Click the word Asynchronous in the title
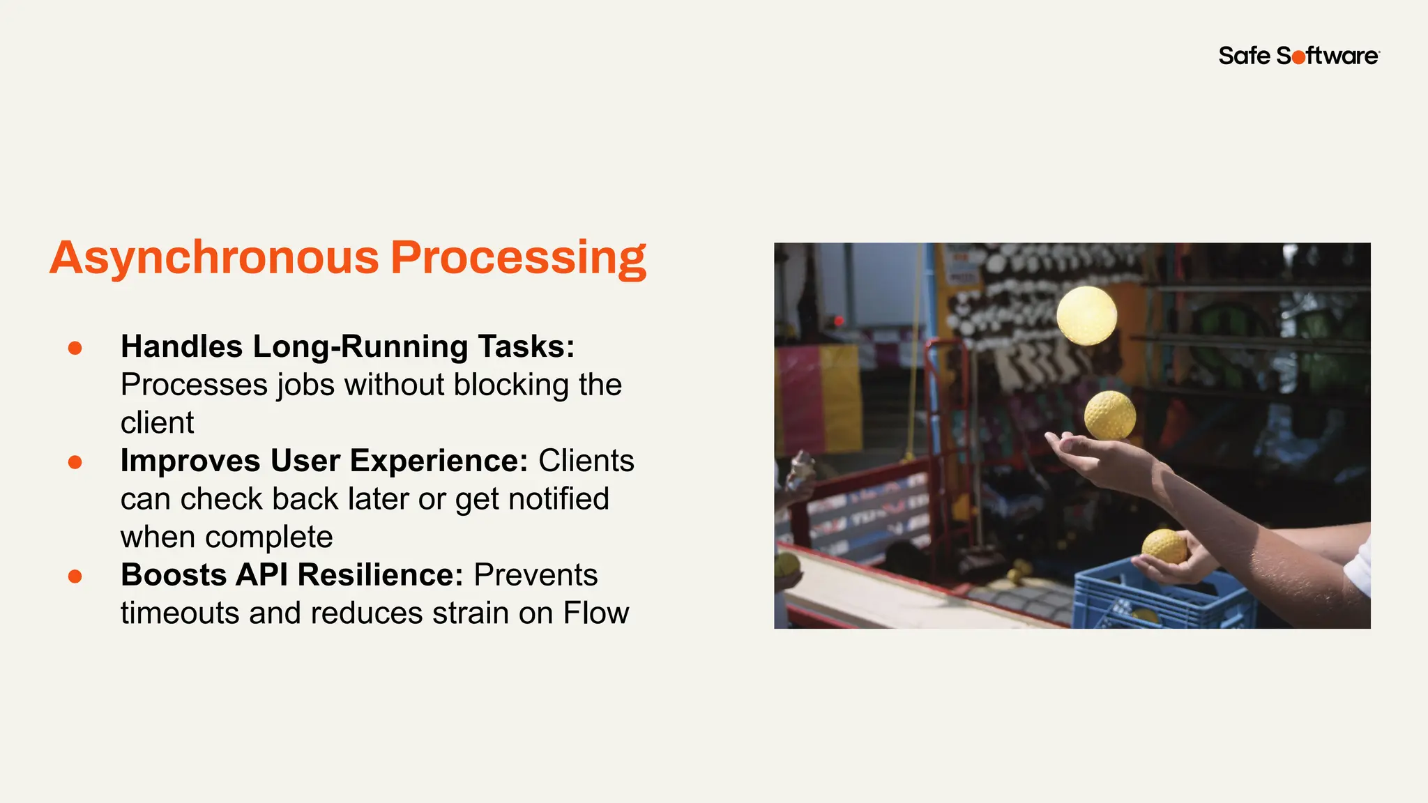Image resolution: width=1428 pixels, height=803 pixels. point(214,258)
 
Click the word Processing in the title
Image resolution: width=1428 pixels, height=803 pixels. point(518,258)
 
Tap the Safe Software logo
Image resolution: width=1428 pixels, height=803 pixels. point(1298,56)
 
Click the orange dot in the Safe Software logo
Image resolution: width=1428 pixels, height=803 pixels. point(1298,58)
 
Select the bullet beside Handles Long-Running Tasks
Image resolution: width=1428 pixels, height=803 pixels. point(75,348)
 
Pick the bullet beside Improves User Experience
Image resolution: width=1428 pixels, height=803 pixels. point(75,462)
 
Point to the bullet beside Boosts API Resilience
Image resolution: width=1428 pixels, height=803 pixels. point(75,576)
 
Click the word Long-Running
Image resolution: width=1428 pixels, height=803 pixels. point(360,346)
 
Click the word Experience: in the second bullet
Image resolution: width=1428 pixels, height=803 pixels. point(439,461)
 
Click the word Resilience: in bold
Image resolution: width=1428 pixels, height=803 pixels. point(381,575)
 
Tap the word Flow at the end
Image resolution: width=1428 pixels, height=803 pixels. point(595,613)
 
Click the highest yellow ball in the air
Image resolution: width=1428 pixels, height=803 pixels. point(1086,316)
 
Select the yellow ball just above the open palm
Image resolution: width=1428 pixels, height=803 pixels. point(1109,415)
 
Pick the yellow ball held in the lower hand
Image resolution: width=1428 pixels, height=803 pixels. point(1164,546)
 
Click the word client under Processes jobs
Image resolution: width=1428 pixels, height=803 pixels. point(157,423)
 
